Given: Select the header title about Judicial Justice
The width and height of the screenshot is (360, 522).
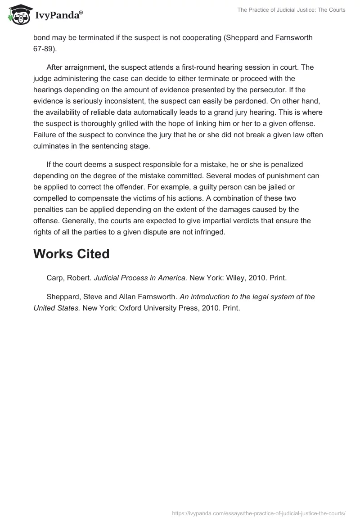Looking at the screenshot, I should (291, 10).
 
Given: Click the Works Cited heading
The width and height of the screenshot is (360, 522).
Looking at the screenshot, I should (72, 254).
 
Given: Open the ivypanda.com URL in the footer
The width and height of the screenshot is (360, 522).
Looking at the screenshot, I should (259, 513).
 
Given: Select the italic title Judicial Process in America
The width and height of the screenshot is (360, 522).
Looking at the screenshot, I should (140, 278).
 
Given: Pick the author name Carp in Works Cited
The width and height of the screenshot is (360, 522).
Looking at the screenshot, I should (56, 278).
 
